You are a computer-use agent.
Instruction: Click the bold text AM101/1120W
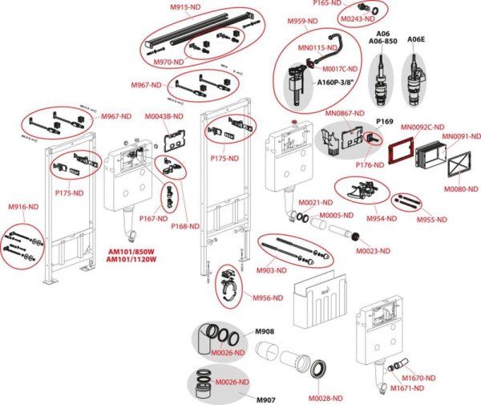point(131,259)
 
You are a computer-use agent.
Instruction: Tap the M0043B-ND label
point(165,117)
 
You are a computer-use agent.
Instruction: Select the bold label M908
point(265,331)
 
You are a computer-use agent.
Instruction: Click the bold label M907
point(265,399)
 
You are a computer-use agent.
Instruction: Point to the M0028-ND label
point(326,397)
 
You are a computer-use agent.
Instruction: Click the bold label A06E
point(416,38)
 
